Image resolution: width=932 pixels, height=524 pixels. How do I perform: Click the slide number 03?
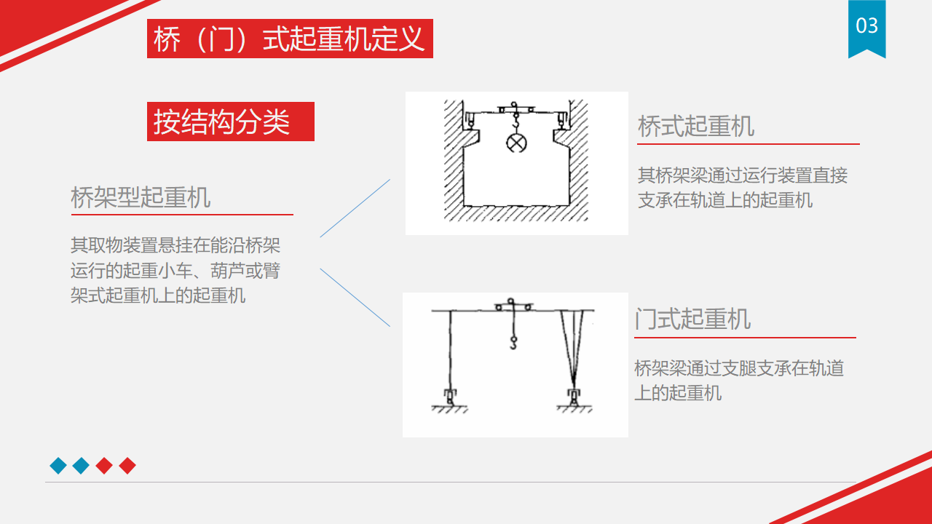pos(866,25)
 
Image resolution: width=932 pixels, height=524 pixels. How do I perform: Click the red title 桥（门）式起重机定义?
pos(290,39)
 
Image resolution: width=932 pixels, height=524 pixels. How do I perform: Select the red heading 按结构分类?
pos(221,122)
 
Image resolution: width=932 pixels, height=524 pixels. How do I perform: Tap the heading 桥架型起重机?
pos(141,197)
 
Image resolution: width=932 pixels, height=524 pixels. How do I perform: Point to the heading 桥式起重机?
pos(695,127)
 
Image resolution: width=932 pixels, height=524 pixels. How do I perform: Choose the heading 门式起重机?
pos(692,319)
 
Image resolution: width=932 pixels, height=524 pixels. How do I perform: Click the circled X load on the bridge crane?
pos(516,143)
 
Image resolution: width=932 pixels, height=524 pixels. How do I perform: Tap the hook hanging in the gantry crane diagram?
pos(513,343)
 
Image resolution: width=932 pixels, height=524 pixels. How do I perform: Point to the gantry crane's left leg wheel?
pos(450,397)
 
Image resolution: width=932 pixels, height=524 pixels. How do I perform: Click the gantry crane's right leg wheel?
pos(574,397)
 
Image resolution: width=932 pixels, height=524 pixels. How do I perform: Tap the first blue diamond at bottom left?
pos(58,465)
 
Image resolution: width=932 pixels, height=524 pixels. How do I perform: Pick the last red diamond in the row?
pos(127,465)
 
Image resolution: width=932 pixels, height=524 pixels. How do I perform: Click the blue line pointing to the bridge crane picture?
pos(355,208)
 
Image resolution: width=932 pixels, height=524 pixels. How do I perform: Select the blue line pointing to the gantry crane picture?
pos(355,298)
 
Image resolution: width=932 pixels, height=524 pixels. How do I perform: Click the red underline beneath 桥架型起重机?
pos(182,215)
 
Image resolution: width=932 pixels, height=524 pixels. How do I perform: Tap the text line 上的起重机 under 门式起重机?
pos(678,393)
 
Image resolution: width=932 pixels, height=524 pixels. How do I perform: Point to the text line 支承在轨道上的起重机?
pos(725,200)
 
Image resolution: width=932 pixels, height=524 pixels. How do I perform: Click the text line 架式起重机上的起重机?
pos(158,295)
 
